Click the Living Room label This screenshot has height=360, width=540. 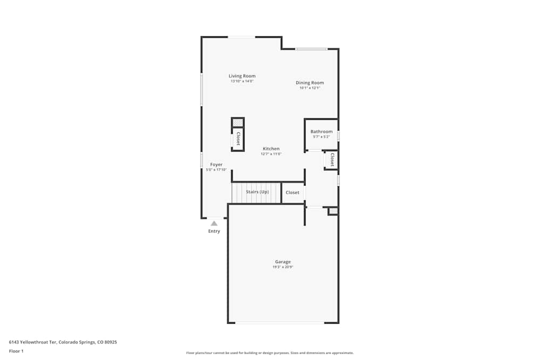(x=242, y=76)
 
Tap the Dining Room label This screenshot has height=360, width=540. (x=309, y=83)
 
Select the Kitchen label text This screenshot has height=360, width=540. (x=271, y=149)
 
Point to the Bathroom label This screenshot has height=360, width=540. (x=321, y=132)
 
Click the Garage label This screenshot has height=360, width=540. (x=283, y=262)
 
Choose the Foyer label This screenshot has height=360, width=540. (x=216, y=165)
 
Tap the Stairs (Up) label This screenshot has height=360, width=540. (x=257, y=192)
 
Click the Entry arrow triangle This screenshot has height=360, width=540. (x=214, y=223)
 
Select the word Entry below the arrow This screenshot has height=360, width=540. (x=214, y=232)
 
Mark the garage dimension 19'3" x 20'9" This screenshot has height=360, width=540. (x=283, y=267)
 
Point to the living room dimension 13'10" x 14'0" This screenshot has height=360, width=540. (x=242, y=81)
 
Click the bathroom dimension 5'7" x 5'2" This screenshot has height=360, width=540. (x=321, y=137)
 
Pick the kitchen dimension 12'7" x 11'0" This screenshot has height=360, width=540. (x=271, y=154)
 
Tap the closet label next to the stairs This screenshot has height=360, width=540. (x=292, y=193)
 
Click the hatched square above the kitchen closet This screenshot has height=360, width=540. (x=238, y=123)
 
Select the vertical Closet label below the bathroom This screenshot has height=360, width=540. (x=332, y=160)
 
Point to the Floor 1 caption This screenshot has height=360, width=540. (x=16, y=351)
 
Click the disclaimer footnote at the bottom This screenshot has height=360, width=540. (x=269, y=353)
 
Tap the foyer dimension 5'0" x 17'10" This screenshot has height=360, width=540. (x=216, y=170)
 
